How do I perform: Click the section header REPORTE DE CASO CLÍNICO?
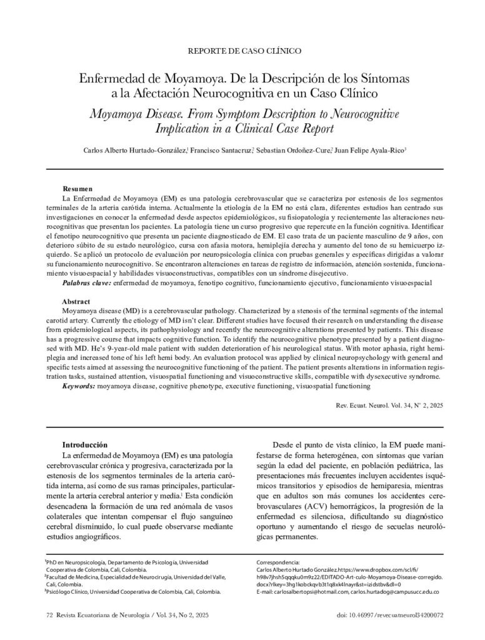pos(244,50)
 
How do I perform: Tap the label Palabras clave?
pos(87,283)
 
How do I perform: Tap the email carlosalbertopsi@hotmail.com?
pos(304,591)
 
